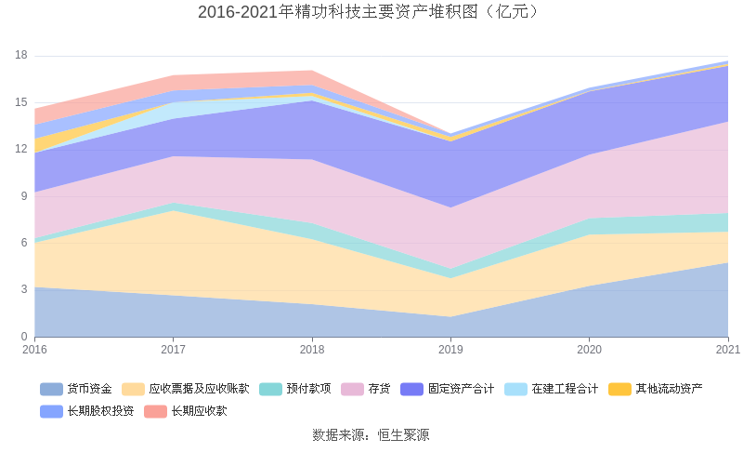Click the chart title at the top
click(371, 12)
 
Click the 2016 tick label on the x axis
click(34, 350)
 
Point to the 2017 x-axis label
click(173, 350)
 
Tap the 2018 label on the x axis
click(312, 350)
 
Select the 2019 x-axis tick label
click(450, 350)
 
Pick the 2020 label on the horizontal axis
click(590, 350)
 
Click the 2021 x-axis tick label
click(727, 350)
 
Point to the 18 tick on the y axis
click(21, 56)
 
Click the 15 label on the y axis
click(21, 102)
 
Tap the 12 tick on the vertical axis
click(21, 150)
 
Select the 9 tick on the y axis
click(24, 196)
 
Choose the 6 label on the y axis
click(24, 243)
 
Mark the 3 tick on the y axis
click(24, 290)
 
